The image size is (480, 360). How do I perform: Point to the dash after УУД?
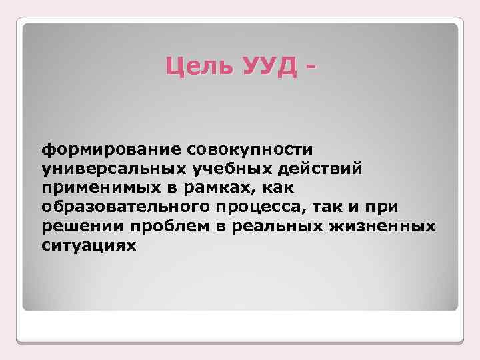[x=308, y=69]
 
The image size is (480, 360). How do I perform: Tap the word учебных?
[x=226, y=167]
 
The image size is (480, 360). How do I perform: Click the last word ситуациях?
[x=88, y=245]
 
